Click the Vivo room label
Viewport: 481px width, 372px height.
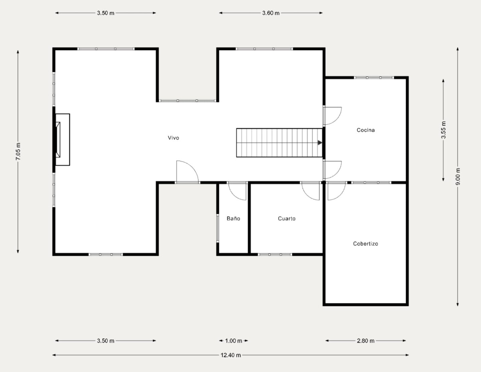tap(173, 138)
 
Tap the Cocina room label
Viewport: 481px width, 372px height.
tap(366, 130)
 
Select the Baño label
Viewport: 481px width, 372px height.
tap(233, 218)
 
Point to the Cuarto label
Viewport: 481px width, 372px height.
tap(287, 218)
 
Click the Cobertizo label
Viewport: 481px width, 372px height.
tap(365, 244)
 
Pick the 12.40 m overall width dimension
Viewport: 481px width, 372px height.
tap(231, 355)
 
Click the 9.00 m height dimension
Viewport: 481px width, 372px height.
tap(458, 177)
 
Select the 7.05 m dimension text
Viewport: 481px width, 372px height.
tap(18, 152)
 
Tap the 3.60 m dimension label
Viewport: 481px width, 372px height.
tap(271, 13)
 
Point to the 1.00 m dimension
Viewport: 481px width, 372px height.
tap(234, 341)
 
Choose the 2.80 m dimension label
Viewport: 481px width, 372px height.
tap(365, 341)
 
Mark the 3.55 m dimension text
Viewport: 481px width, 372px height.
tap(443, 130)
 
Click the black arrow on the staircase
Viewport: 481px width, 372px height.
tap(320, 143)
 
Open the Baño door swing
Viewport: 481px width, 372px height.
tap(237, 191)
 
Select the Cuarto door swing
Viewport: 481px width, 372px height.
tap(311, 191)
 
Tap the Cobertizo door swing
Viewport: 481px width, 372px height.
tap(337, 191)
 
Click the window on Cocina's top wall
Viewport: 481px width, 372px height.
tap(374, 78)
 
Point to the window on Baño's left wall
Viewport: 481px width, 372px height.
tap(218, 228)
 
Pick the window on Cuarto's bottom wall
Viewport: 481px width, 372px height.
tap(275, 255)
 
